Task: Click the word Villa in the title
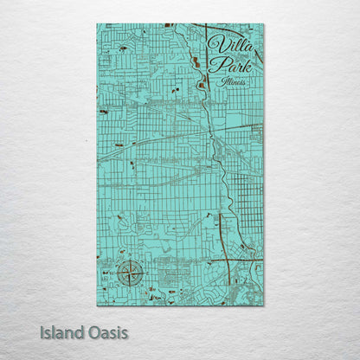(226, 45)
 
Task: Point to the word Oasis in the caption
(108, 332)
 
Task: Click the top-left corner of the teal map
(97, 23)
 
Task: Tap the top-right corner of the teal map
(264, 23)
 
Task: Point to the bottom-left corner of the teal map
(97, 305)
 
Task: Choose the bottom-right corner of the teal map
(264, 305)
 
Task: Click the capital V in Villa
(214, 44)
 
